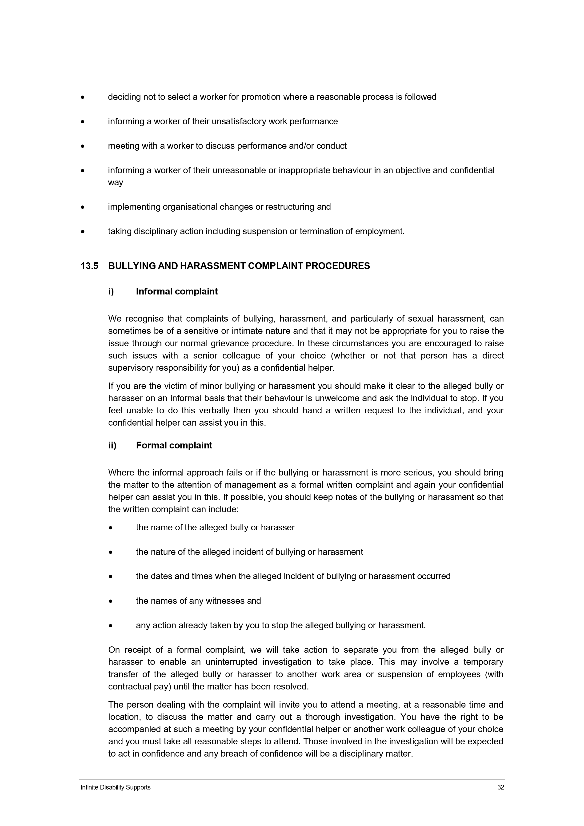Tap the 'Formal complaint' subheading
coord(174,445)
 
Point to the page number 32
coord(500,787)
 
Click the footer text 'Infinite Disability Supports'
coord(116,787)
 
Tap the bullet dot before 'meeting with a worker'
coord(83,146)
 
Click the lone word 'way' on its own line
coord(116,182)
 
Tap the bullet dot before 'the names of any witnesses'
coord(111,601)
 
